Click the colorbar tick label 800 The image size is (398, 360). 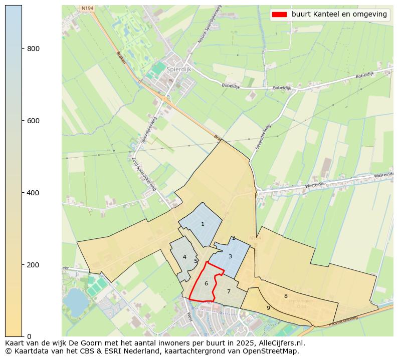pos(34,49)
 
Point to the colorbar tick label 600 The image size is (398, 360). pos(34,121)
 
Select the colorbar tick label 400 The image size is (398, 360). pos(34,193)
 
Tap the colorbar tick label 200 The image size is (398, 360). pos(34,265)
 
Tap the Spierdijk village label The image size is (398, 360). pos(179,70)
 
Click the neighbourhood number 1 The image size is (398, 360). pos(203,224)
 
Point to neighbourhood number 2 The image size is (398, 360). pos(234,238)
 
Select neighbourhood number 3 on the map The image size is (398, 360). pos(230,257)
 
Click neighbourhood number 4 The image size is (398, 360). pos(184,257)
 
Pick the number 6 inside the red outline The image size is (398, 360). pos(206,284)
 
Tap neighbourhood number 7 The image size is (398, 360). pos(229,291)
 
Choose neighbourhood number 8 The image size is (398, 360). pos(286,296)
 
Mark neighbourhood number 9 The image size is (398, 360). pos(268,308)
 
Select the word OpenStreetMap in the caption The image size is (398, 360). pos(275,351)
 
